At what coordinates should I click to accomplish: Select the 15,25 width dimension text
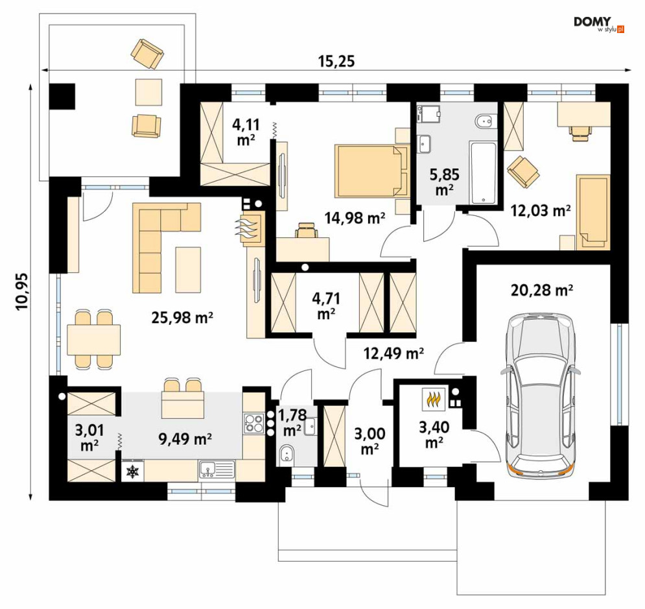336,62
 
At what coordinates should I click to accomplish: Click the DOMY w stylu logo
599,24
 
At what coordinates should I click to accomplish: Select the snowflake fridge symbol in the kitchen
132,472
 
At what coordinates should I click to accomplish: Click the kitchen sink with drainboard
217,470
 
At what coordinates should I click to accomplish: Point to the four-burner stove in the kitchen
254,424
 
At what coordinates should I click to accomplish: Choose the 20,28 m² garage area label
542,290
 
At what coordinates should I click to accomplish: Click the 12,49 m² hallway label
393,353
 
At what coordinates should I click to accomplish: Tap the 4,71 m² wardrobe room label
326,305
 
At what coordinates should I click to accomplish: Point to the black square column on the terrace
62,96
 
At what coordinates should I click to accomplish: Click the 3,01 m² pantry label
89,438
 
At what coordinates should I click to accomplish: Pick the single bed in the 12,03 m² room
592,212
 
